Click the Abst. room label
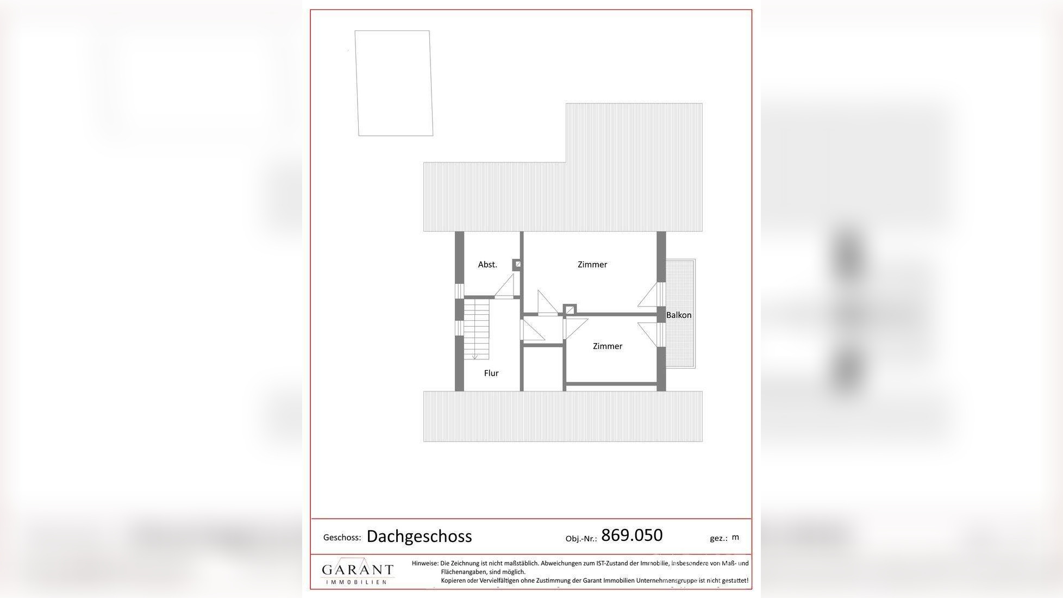(487, 265)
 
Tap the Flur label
(491, 373)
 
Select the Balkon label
(679, 315)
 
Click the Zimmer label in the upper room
(592, 265)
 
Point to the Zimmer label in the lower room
(608, 346)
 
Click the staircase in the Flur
(477, 329)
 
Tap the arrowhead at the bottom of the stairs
(474, 357)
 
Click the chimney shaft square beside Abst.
(517, 264)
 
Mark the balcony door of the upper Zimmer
(650, 295)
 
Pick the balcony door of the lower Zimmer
(650, 334)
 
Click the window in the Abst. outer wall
(459, 291)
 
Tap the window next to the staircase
(459, 328)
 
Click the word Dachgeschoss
(419, 537)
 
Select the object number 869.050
(631, 535)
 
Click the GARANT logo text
(357, 570)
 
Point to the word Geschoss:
(342, 538)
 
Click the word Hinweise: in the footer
(425, 564)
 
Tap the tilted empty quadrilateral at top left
(394, 83)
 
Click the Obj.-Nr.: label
(581, 539)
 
